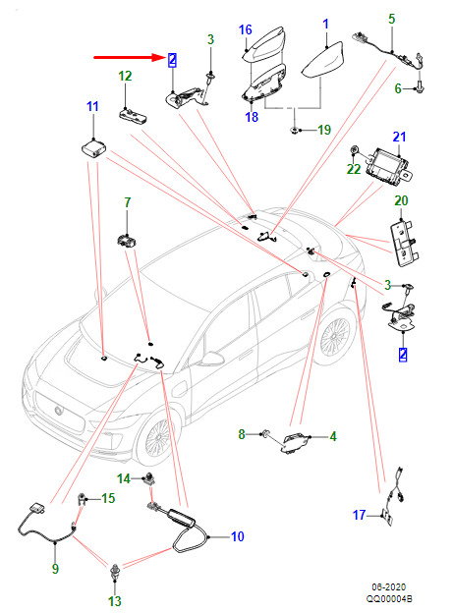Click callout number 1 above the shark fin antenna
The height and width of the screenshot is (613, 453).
click(325, 25)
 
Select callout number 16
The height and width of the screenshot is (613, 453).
click(246, 29)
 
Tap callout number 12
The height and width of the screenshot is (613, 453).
click(125, 76)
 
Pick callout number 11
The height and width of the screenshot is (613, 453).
click(92, 106)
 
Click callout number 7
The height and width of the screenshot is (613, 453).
click(127, 202)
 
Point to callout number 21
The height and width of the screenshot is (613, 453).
click(399, 137)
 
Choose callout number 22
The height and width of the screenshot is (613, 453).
click(354, 169)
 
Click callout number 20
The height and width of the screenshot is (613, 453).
click(401, 200)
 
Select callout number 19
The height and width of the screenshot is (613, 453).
click(324, 130)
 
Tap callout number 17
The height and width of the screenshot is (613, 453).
click(359, 515)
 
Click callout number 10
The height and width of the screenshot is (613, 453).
click(238, 536)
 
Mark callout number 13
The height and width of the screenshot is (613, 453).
click(115, 601)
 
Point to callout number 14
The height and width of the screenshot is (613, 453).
click(124, 478)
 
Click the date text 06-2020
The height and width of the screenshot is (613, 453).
click(388, 586)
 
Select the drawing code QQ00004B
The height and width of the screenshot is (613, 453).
click(389, 598)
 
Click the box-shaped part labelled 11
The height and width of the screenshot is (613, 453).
click(94, 148)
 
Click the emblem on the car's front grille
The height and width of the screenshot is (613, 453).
click(59, 410)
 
